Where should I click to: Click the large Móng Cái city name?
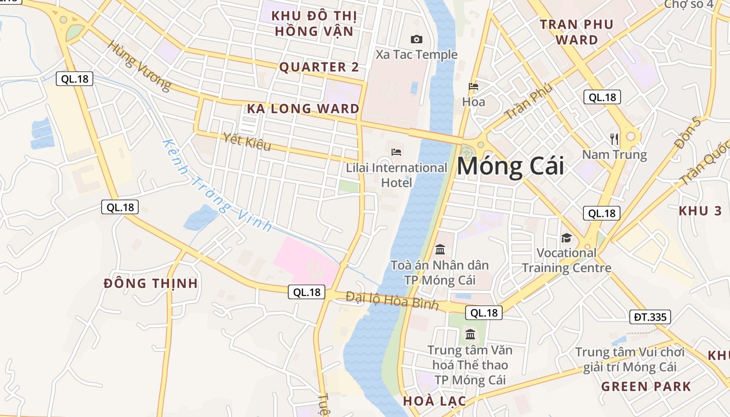510,166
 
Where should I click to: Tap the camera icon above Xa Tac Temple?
417,39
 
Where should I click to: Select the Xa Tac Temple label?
417,54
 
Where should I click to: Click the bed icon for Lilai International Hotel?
396,152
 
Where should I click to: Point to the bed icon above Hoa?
473,87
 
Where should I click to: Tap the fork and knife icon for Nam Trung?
614,139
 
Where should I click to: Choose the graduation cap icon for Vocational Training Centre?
566,238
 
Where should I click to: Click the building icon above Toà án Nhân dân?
440,249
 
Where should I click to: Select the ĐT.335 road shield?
650,316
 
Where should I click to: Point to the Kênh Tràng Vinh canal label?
217,186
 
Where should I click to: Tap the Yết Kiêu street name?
247,141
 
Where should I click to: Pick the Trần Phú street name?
528,102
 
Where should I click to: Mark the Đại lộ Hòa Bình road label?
392,301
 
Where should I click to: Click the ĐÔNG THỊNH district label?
151,284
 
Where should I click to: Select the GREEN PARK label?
646,387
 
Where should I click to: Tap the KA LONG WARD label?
303,109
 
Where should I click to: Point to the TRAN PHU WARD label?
577,32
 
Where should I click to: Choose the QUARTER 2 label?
319,67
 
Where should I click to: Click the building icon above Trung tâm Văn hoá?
470,334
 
